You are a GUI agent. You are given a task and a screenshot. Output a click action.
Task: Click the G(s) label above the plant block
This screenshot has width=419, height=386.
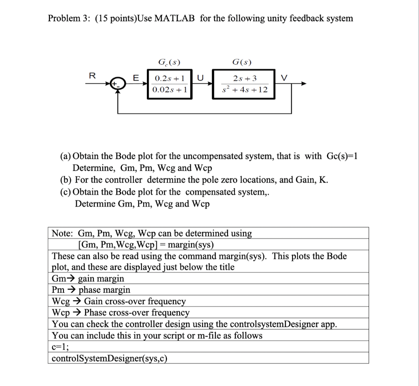coord(242,62)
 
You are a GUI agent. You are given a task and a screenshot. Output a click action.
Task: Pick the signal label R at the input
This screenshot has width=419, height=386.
coord(92,75)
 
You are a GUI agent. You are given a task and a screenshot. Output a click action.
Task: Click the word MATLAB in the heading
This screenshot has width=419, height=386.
coord(174,18)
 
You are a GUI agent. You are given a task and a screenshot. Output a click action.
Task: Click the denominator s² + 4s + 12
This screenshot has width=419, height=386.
coord(244,89)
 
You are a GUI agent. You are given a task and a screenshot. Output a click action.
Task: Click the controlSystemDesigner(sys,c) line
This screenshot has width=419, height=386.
coord(110,358)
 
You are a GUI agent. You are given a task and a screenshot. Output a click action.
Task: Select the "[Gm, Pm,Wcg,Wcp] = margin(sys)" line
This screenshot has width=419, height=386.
coord(145,245)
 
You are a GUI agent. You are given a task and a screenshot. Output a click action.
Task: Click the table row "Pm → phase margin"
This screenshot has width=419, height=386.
coord(91,290)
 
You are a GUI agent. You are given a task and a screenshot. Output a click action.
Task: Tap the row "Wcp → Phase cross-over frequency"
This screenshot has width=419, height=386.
coord(121,313)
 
